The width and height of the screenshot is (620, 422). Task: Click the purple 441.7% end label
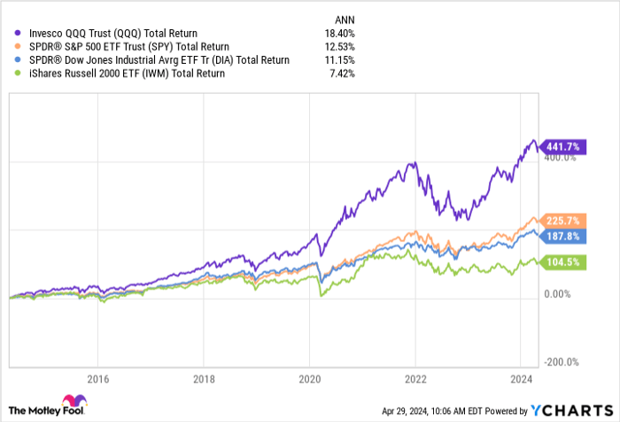[561, 146]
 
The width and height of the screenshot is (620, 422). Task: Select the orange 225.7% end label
[561, 220]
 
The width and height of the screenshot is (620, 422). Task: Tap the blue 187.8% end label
[561, 236]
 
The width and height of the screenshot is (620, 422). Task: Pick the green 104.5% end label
[561, 262]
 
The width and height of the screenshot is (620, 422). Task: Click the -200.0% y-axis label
[561, 362]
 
